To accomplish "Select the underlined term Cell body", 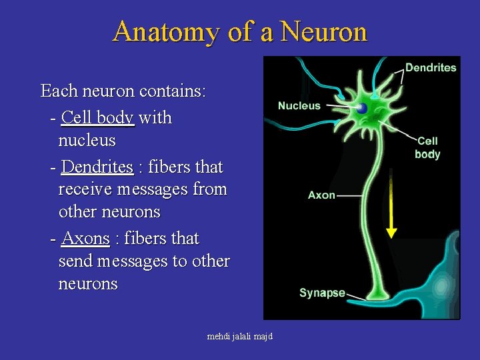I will pyautogui.click(x=97, y=118).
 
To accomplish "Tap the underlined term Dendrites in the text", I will pyautogui.click(x=97, y=167).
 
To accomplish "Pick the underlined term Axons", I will pyautogui.click(x=85, y=239).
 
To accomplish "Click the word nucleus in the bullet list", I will pyautogui.click(x=87, y=141).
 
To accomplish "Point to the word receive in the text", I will pyautogui.click(x=85, y=189).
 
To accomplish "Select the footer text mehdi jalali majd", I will pyautogui.click(x=240, y=337).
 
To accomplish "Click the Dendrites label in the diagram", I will pyautogui.click(x=431, y=67).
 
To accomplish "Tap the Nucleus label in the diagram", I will pyautogui.click(x=299, y=105).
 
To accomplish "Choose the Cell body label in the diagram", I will pyautogui.click(x=427, y=147).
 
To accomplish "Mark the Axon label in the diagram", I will pyautogui.click(x=321, y=195).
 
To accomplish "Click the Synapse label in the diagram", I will pyautogui.click(x=322, y=293).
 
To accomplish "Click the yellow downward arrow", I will pyautogui.click(x=391, y=207).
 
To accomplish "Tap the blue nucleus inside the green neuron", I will pyautogui.click(x=361, y=109).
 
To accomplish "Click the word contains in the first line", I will pyautogui.click(x=175, y=91).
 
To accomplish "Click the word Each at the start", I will pyautogui.click(x=55, y=91).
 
